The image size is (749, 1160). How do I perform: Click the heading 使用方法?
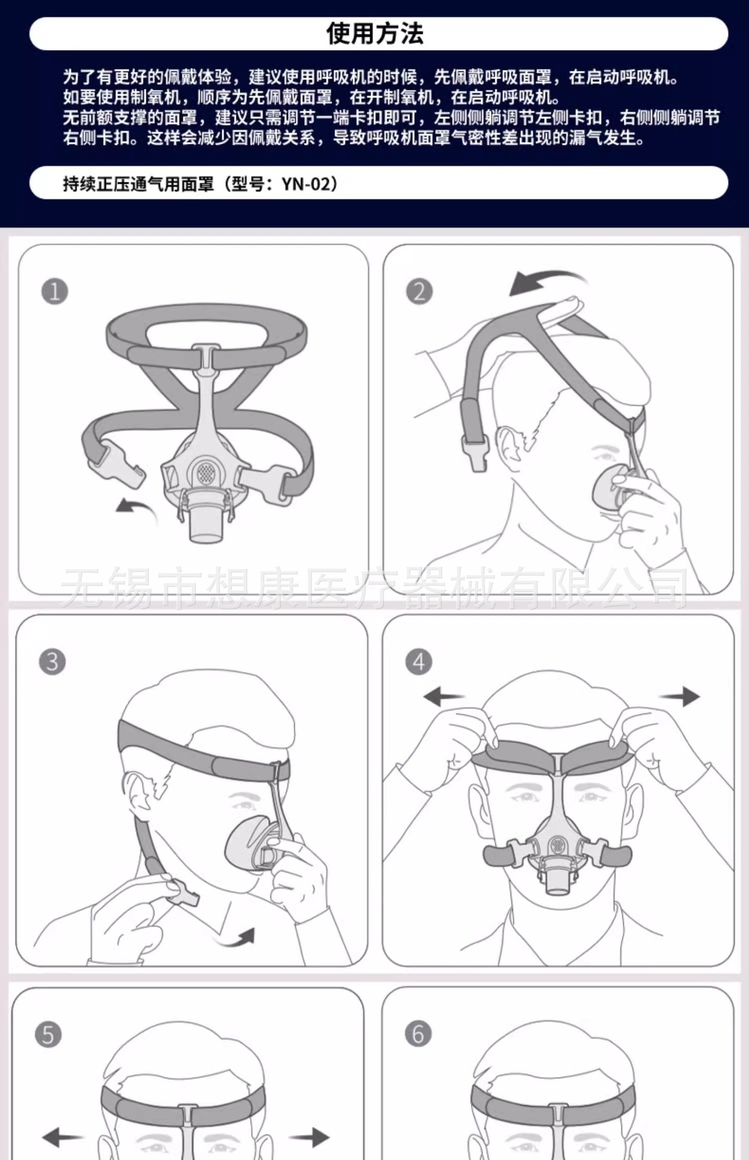tap(374, 33)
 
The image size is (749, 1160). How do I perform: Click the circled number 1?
tap(54, 292)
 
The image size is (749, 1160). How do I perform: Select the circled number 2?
tap(419, 291)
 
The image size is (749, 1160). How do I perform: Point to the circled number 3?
tap(53, 662)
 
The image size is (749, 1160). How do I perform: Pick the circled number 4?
tap(419, 662)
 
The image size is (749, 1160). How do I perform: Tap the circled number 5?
tap(48, 1034)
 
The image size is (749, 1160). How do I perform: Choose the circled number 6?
tap(418, 1034)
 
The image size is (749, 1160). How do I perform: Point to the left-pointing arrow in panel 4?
tap(444, 697)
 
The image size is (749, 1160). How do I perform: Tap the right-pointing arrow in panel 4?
tap(680, 696)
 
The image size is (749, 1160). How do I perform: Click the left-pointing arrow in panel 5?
tap(62, 1137)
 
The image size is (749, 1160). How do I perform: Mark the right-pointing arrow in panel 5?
tap(309, 1137)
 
